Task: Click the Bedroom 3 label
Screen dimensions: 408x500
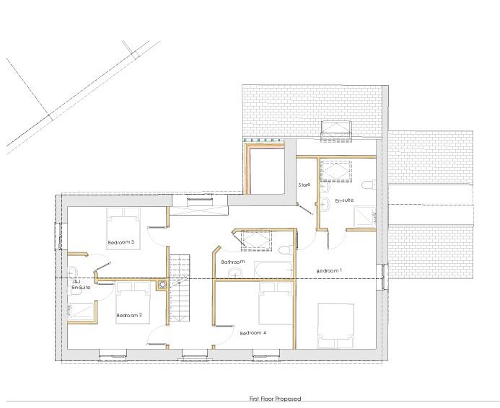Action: click(121, 242)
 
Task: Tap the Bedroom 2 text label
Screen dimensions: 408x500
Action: click(129, 315)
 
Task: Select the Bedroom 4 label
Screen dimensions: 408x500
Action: click(253, 332)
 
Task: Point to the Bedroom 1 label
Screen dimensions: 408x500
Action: click(330, 270)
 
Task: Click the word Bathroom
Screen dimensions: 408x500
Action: click(233, 262)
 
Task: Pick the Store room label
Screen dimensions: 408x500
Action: click(304, 185)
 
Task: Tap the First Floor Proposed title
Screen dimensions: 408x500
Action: click(275, 399)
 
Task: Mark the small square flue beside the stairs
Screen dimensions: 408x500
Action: click(163, 284)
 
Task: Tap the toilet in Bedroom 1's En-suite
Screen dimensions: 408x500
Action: click(369, 185)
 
